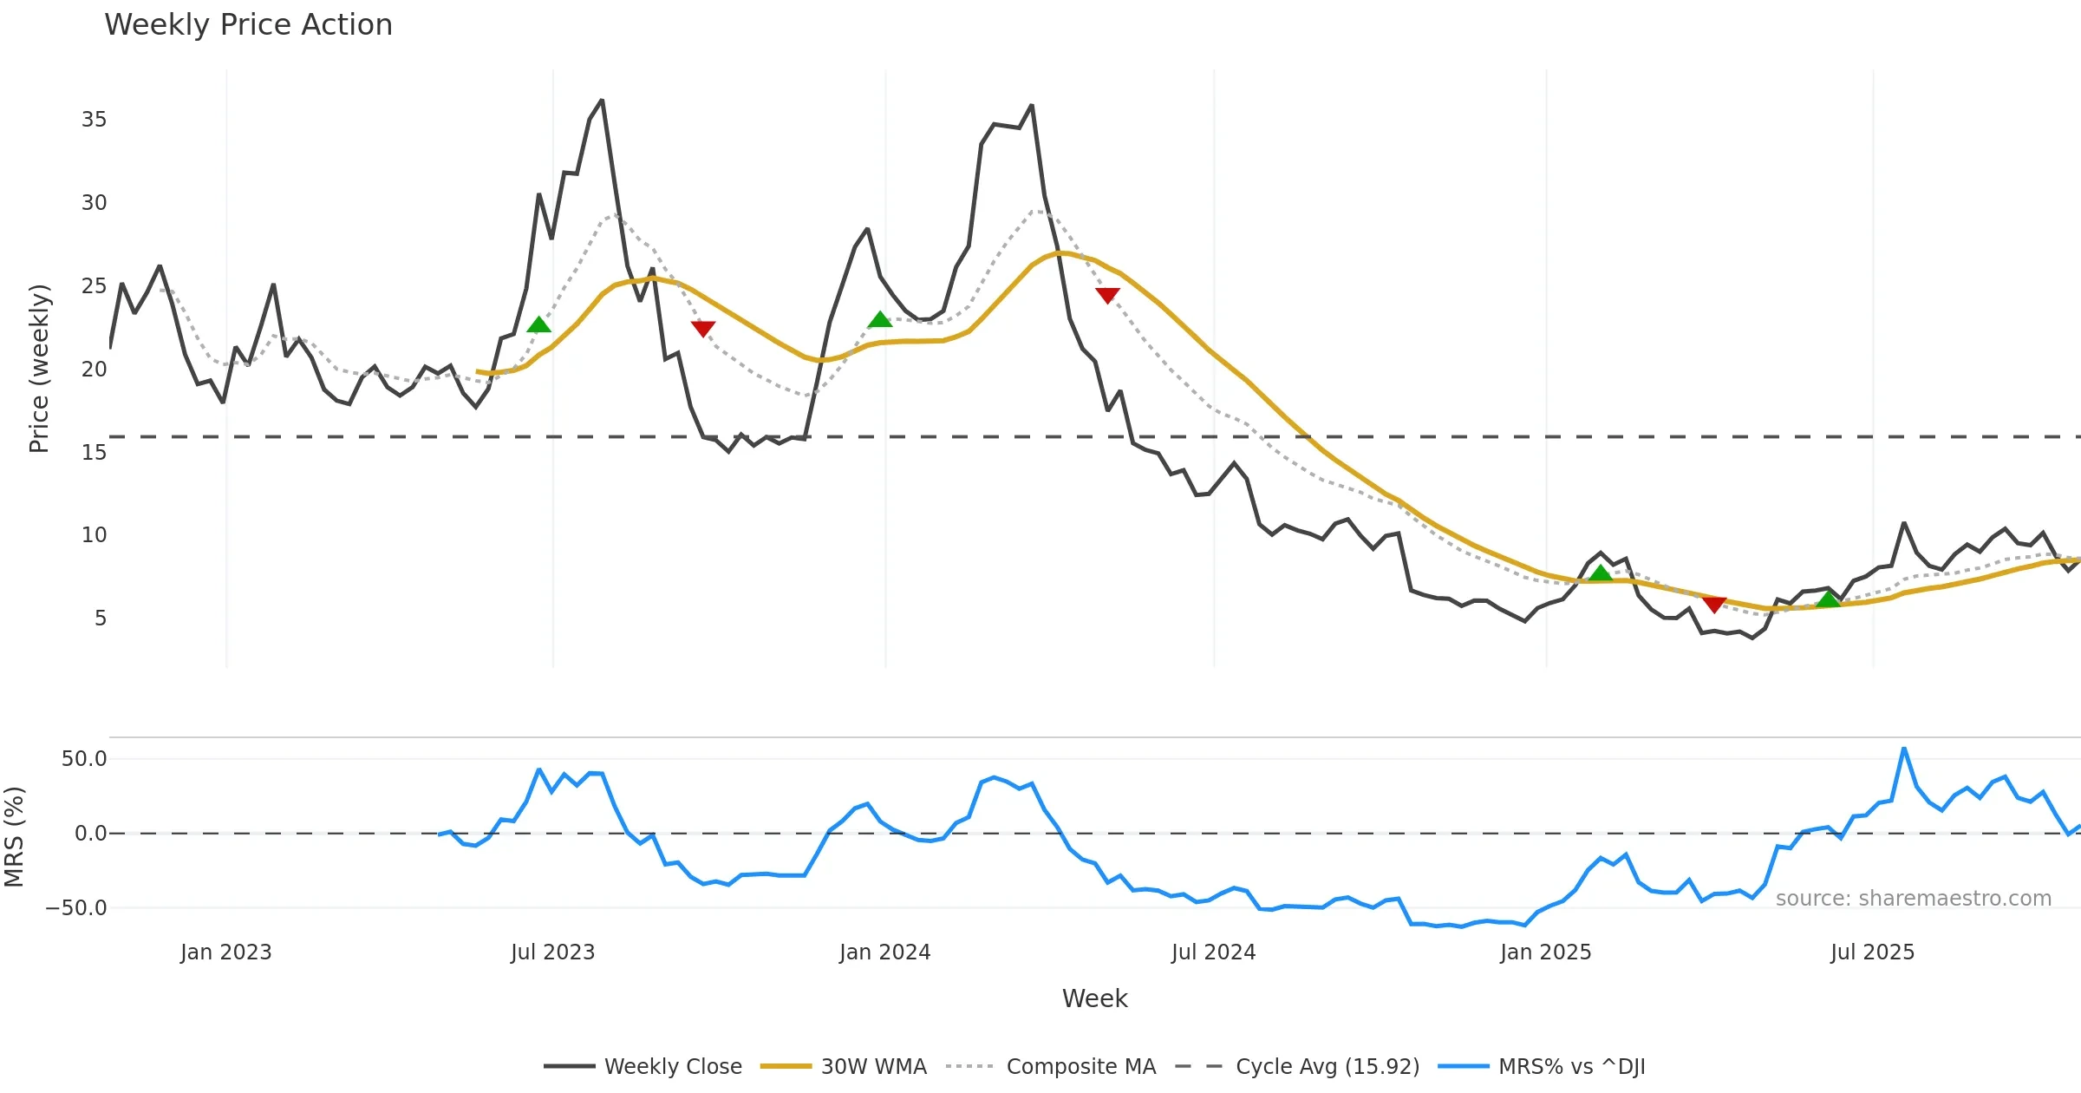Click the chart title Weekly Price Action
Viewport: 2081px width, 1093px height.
click(248, 25)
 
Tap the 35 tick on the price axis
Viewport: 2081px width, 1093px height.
click(94, 120)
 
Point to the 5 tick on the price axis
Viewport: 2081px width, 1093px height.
click(101, 618)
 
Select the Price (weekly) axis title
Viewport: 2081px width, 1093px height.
click(39, 369)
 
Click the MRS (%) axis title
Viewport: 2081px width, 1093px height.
click(15, 837)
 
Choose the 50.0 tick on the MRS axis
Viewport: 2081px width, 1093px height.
click(84, 759)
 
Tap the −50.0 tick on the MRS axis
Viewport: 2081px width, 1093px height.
click(76, 908)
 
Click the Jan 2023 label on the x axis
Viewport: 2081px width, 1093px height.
click(225, 952)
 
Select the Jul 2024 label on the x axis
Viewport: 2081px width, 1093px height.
click(1213, 952)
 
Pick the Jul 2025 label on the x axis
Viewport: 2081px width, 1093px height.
click(1872, 952)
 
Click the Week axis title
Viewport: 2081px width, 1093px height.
click(1094, 999)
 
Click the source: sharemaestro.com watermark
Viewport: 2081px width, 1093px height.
click(1913, 899)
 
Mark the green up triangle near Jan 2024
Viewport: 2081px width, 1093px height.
click(879, 320)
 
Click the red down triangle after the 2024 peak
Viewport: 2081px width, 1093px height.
click(1107, 296)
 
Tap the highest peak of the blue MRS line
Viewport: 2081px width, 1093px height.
click(1904, 749)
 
